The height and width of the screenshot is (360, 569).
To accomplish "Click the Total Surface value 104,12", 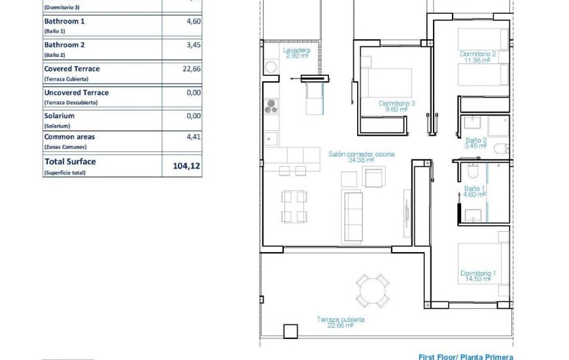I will pos(186,166).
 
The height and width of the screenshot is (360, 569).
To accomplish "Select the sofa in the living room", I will pos(354,208).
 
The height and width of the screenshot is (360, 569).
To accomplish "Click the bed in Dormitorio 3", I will pos(387,83).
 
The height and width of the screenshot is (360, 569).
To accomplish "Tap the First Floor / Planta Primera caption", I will pos(466,357).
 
